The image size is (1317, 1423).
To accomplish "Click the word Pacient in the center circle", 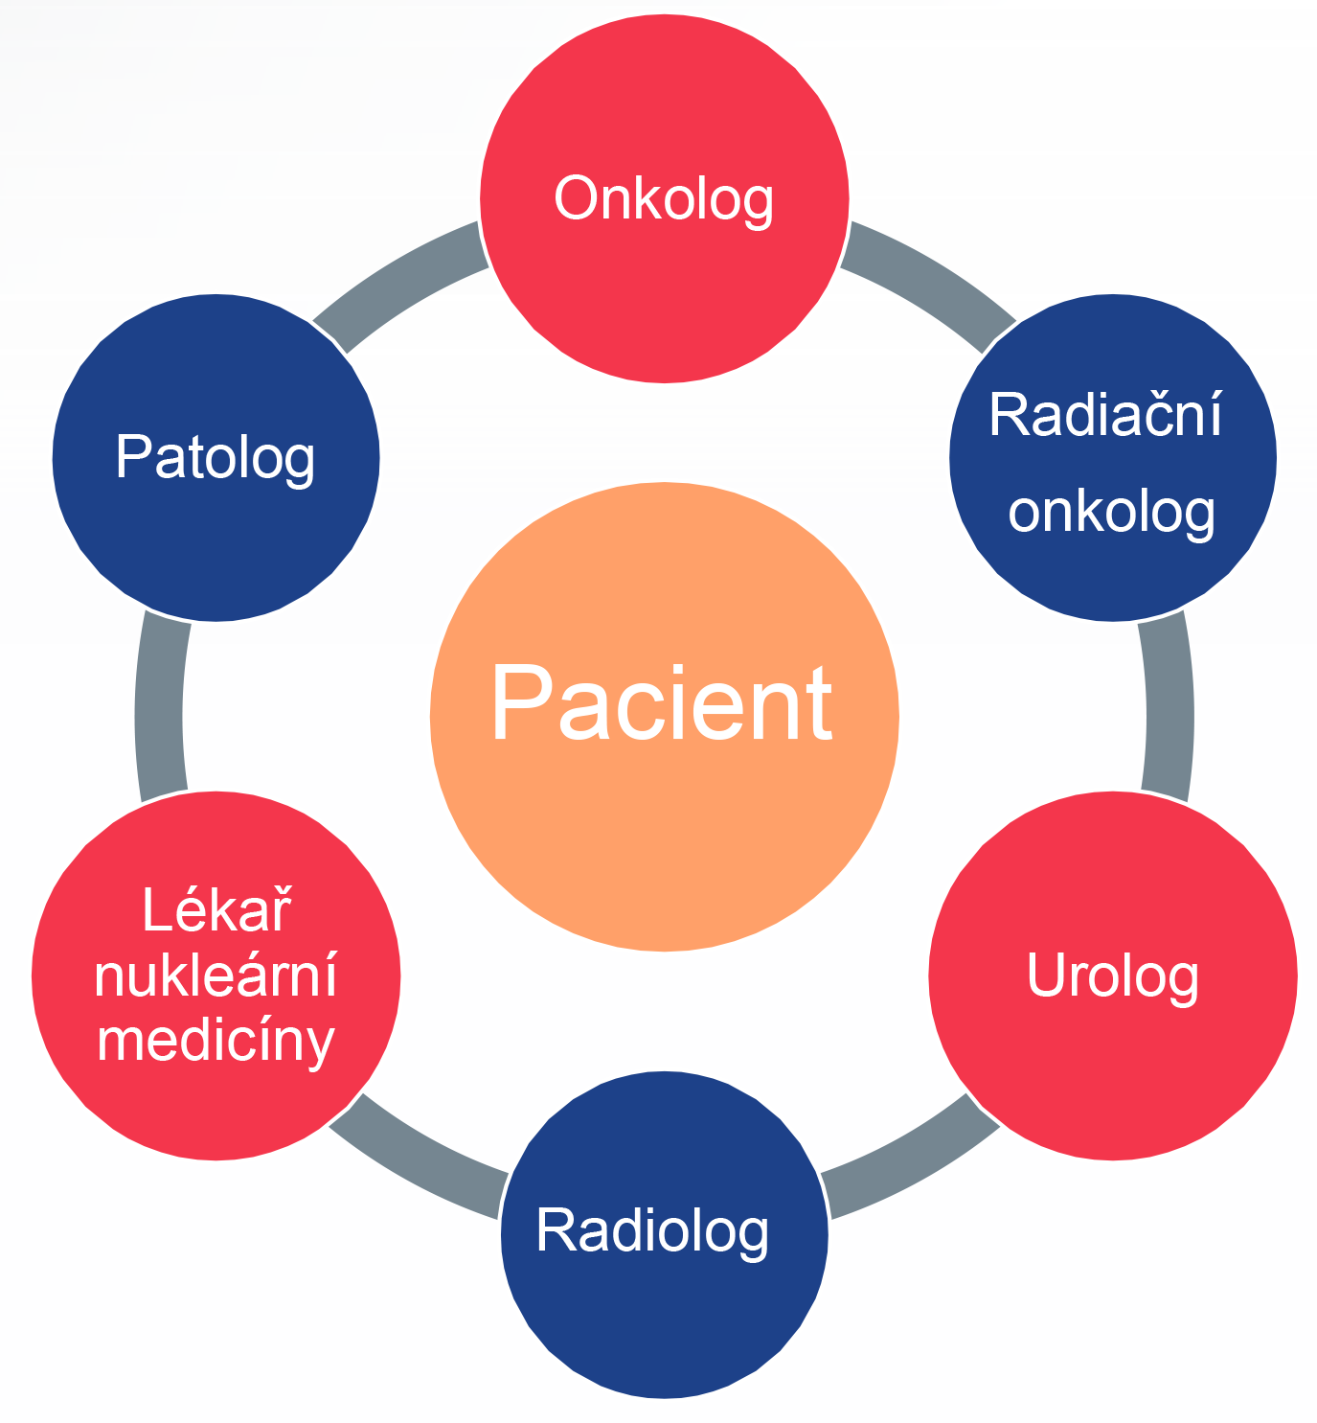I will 661,704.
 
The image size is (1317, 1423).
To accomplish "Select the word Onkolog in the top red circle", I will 664,199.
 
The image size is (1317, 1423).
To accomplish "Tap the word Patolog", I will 216,457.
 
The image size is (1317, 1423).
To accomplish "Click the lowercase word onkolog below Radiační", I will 1111,511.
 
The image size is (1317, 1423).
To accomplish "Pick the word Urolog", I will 1112,975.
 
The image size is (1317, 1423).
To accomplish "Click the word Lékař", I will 216,909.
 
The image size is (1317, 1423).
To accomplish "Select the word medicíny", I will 216,1042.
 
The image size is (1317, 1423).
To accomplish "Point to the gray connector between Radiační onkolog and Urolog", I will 1169,709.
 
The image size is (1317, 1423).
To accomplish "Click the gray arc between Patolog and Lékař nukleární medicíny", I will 159,709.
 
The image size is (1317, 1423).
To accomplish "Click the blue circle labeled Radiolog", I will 664,1322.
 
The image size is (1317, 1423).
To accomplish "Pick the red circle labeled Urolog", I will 1112,1073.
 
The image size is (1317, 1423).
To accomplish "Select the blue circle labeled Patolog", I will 216,546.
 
